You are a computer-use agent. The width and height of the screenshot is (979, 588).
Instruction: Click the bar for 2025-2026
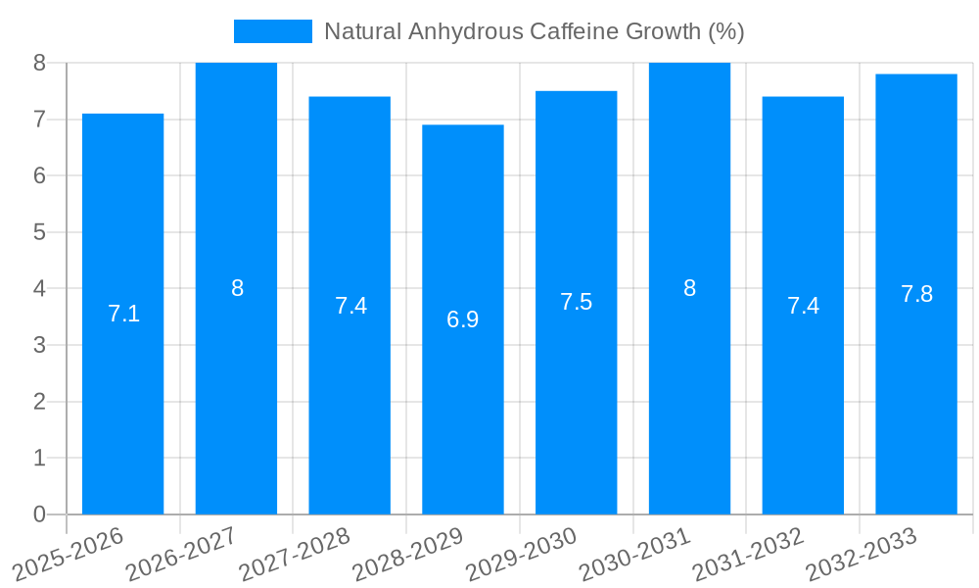pyautogui.click(x=122, y=392)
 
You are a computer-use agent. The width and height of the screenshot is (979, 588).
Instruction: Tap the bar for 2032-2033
pyautogui.click(x=916, y=392)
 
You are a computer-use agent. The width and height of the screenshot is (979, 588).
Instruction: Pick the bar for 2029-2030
pyautogui.click(x=576, y=392)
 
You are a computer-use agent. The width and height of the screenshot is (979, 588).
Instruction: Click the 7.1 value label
pyautogui.click(x=123, y=314)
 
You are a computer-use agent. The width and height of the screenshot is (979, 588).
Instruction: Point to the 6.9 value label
pyautogui.click(x=463, y=319)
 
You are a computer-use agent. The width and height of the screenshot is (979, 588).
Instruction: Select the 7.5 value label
pyautogui.click(x=576, y=302)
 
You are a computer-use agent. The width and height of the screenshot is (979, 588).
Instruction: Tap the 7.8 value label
pyautogui.click(x=916, y=294)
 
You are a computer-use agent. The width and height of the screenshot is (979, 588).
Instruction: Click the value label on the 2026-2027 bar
pyautogui.click(x=237, y=288)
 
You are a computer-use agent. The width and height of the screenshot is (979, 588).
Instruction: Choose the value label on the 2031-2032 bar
pyautogui.click(x=803, y=306)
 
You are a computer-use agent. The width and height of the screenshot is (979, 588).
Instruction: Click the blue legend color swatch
pyautogui.click(x=272, y=31)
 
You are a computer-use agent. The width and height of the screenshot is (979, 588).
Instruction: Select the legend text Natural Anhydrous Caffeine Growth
pyautogui.click(x=534, y=31)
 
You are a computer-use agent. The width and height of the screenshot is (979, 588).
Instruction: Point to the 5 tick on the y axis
pyautogui.click(x=39, y=232)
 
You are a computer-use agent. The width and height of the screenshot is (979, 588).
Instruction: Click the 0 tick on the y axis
pyautogui.click(x=39, y=514)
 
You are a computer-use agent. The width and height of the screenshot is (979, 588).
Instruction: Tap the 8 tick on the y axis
pyautogui.click(x=39, y=63)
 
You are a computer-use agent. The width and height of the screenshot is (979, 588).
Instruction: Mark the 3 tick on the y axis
pyautogui.click(x=39, y=345)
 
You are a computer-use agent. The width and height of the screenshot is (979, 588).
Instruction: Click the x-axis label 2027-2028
pyautogui.click(x=294, y=554)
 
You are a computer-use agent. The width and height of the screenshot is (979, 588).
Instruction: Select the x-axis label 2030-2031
pyautogui.click(x=633, y=554)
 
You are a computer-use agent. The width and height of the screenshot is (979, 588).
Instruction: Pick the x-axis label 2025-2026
pyautogui.click(x=69, y=554)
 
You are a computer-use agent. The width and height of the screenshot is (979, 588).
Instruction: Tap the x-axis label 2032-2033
pyautogui.click(x=861, y=554)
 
